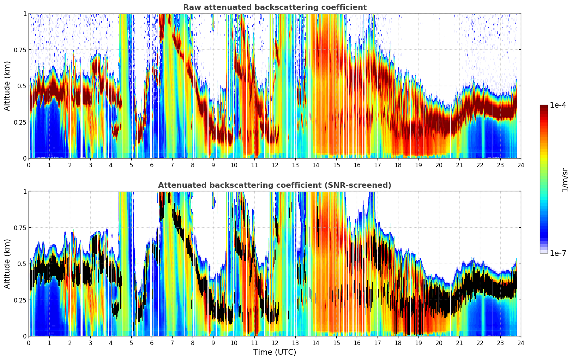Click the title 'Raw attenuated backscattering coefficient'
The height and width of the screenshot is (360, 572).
coord(275,7)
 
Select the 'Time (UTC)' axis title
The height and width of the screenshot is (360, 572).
coord(275,352)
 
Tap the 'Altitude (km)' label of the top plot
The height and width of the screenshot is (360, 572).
coord(7,86)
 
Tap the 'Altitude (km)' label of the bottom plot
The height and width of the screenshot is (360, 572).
coord(7,264)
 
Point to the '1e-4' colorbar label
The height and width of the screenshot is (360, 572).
coord(558,105)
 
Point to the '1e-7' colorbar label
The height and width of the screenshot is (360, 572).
coord(558,253)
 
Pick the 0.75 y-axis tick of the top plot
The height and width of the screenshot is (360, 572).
coord(20,50)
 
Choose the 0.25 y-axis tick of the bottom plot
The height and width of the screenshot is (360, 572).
coord(20,300)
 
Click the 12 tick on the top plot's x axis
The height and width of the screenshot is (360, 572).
coord(275,165)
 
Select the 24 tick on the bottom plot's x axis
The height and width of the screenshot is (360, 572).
coord(521,343)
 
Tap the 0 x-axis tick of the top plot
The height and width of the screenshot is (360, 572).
coord(29,165)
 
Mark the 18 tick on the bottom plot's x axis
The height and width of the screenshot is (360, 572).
coord(398,343)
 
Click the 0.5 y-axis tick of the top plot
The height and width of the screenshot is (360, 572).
coord(22,86)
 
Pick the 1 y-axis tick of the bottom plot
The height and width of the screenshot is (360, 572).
coord(25,191)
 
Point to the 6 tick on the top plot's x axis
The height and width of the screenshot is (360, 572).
coord(152,165)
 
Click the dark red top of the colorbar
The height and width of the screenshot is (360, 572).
coord(543,107)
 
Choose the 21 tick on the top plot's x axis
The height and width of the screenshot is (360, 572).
coord(459,165)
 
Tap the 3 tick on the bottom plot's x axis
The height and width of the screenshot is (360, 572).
coord(90,343)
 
